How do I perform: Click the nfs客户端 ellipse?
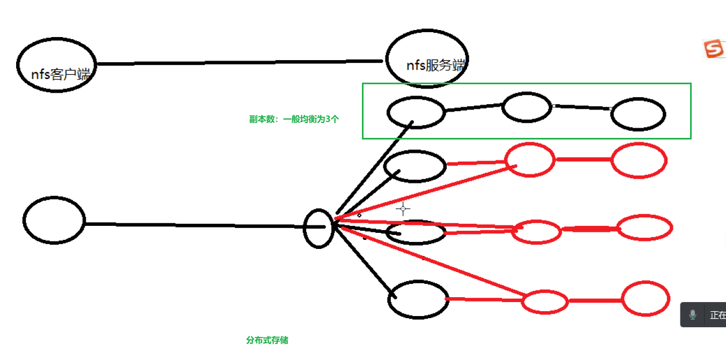point(56,64)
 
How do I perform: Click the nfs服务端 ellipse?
point(427,58)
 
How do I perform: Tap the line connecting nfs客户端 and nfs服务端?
point(241,63)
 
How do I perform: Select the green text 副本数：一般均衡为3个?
point(294,120)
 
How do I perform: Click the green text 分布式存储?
point(267,340)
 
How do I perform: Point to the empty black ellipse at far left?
point(54,220)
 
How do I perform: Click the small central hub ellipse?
point(319,228)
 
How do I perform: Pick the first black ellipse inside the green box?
point(416,112)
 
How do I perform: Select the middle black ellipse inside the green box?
point(527,107)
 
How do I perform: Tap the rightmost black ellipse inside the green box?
point(638,114)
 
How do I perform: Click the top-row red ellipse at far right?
point(639,160)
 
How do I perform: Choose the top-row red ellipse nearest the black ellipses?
point(530,160)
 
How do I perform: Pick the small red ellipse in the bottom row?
point(545,302)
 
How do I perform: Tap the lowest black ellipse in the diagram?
point(418,299)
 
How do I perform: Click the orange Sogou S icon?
point(714,49)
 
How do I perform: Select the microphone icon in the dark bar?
point(693,315)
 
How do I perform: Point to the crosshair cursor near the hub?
point(403,209)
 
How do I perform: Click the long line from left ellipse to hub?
point(193,225)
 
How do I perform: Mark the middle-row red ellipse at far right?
point(644,228)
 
